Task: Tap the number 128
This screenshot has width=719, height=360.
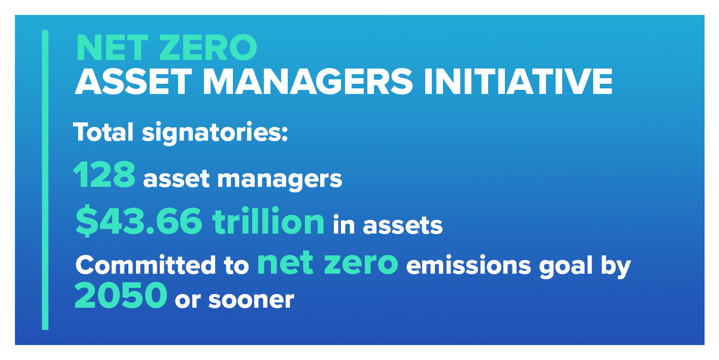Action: (x=105, y=175)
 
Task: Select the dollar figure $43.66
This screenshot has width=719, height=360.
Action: (x=139, y=221)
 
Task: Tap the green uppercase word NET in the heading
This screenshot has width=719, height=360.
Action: (x=107, y=48)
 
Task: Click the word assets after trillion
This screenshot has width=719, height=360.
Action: (x=402, y=225)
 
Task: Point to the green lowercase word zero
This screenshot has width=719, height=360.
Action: (x=361, y=263)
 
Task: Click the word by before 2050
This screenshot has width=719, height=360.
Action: (x=615, y=266)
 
